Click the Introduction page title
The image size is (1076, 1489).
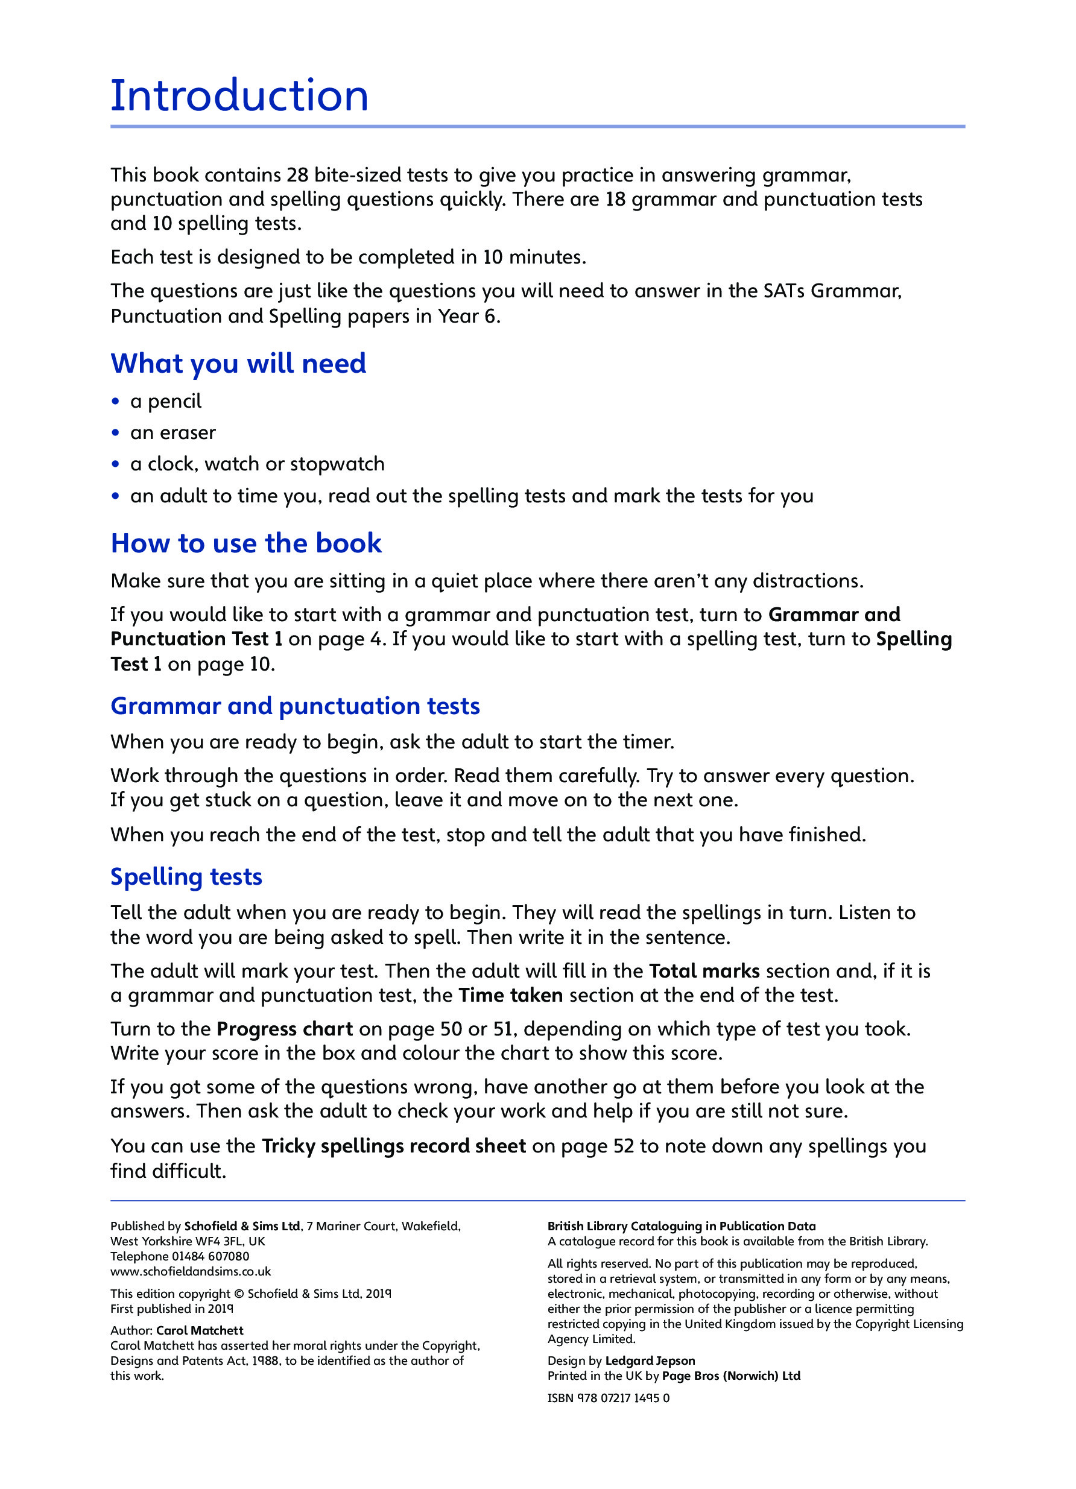click(239, 96)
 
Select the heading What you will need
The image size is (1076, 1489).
click(238, 364)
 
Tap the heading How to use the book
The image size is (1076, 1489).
click(245, 543)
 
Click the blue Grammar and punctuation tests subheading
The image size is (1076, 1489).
click(295, 706)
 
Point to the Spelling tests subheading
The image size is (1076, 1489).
click(186, 876)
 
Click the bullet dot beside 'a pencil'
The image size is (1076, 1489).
click(116, 401)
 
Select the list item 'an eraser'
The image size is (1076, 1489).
click(172, 432)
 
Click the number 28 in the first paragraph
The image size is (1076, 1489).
click(297, 175)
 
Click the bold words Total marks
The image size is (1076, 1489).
click(704, 971)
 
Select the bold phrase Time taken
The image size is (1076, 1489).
click(510, 995)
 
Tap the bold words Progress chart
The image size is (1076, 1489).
click(284, 1029)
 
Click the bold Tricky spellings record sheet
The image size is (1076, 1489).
click(393, 1146)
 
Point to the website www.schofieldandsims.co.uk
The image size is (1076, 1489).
click(191, 1272)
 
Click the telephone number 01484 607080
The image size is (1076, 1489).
click(210, 1257)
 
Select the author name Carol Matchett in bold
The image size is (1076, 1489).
click(200, 1331)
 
